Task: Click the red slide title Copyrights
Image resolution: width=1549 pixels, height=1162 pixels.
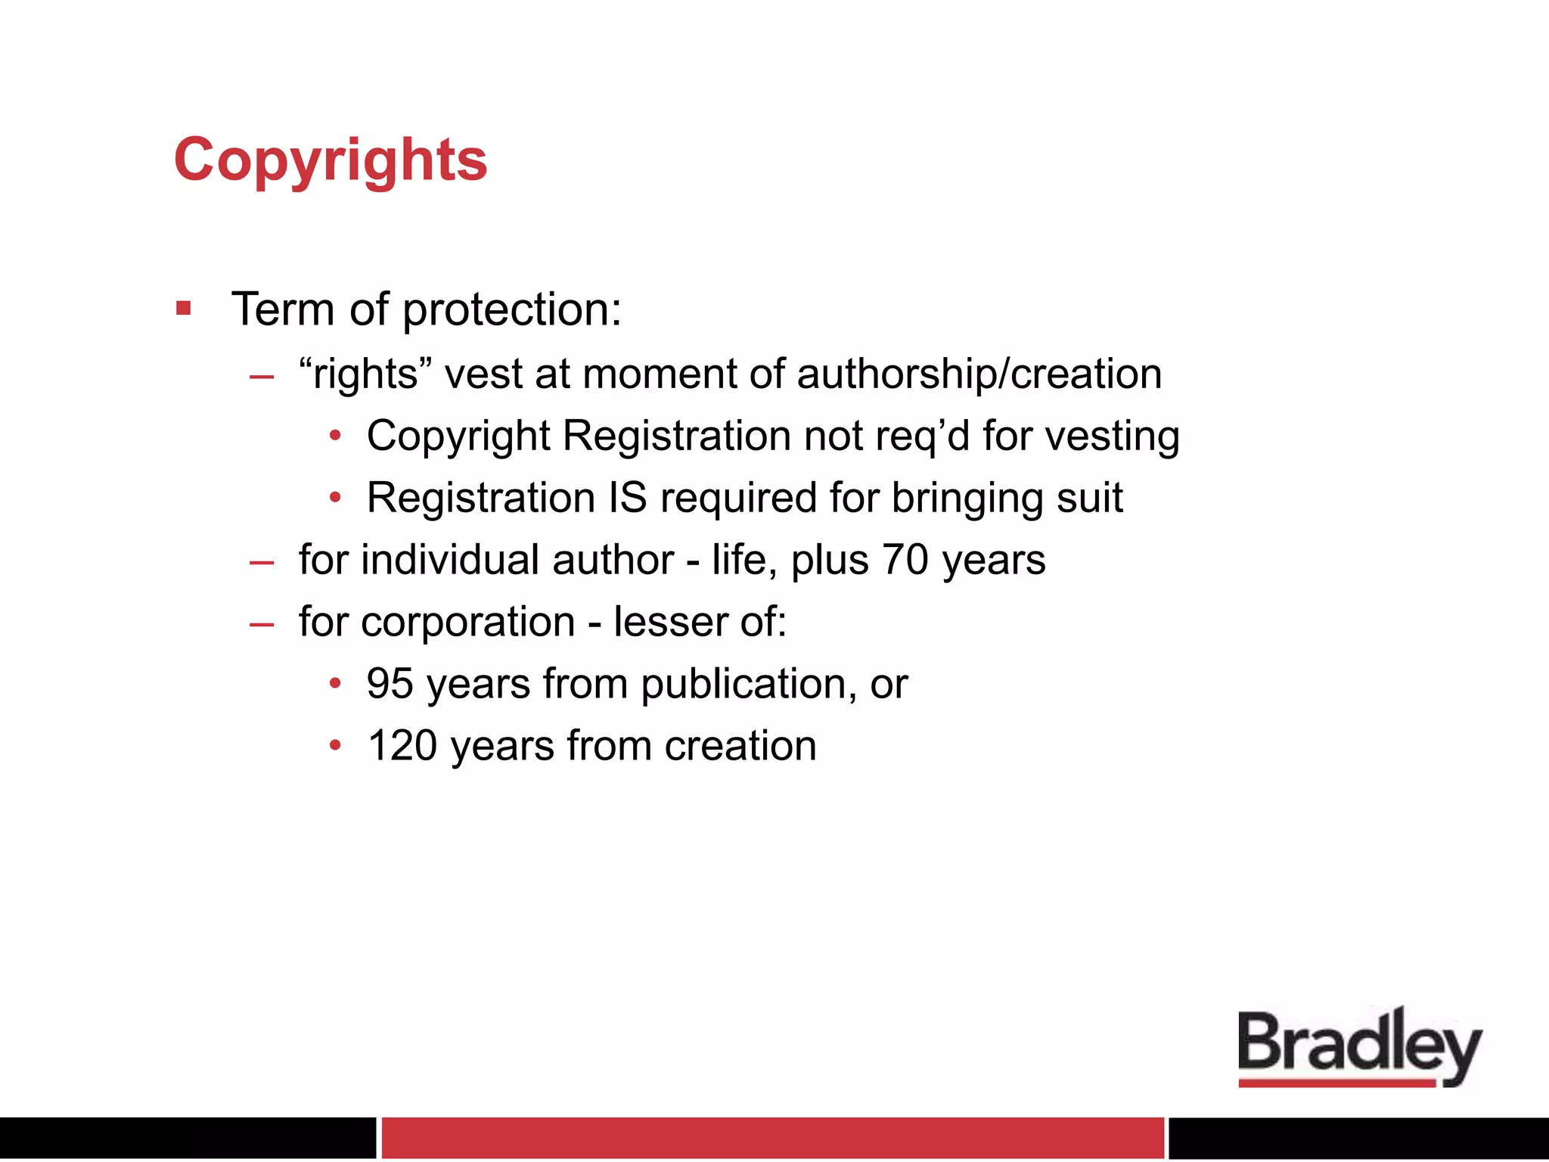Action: click(x=331, y=160)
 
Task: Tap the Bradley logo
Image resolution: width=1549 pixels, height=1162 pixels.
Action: click(x=1359, y=1047)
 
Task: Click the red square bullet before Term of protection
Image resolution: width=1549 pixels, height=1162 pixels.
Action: click(x=183, y=309)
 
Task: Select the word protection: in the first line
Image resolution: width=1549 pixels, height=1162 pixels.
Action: click(x=512, y=310)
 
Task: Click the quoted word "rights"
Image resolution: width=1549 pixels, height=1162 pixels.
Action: click(x=359, y=374)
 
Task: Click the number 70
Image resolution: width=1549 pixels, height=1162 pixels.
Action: click(x=905, y=560)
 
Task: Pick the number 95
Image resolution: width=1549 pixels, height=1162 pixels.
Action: click(x=390, y=684)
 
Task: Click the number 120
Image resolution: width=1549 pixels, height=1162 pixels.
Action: click(x=402, y=746)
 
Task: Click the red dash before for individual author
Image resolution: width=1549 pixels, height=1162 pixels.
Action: click(x=262, y=562)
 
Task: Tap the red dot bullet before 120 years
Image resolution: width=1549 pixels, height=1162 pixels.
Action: click(x=336, y=746)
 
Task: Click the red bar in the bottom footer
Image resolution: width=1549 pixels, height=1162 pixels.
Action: click(x=772, y=1138)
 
